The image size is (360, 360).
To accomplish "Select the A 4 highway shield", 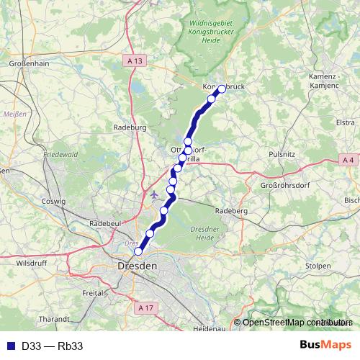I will click(x=348, y=159).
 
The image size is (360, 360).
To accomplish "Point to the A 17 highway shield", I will click(x=145, y=307).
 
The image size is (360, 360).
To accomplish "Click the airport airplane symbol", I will click(x=155, y=194).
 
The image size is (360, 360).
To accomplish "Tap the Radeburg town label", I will click(x=130, y=127).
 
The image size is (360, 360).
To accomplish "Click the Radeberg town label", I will click(x=232, y=210).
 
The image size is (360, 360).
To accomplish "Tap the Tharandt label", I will click(x=55, y=318).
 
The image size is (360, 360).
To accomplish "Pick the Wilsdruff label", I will click(x=31, y=263).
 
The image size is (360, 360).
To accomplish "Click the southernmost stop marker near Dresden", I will click(x=138, y=251).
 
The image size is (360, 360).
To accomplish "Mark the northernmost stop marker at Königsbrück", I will click(x=221, y=89).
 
